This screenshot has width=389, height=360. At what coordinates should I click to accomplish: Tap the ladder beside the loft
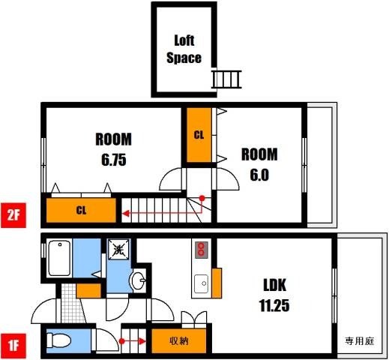228,78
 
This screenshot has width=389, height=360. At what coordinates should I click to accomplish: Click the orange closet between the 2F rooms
199,135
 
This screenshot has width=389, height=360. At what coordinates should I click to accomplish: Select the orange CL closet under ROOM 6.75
81,210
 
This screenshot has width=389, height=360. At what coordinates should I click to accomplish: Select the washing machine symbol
118,250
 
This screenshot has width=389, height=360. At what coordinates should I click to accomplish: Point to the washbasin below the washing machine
137,282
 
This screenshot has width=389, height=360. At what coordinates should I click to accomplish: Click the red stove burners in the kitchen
201,249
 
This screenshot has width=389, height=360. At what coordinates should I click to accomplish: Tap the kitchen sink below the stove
201,283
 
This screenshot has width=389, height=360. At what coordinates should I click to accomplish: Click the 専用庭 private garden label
360,341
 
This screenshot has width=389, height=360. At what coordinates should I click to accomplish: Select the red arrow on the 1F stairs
135,342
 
